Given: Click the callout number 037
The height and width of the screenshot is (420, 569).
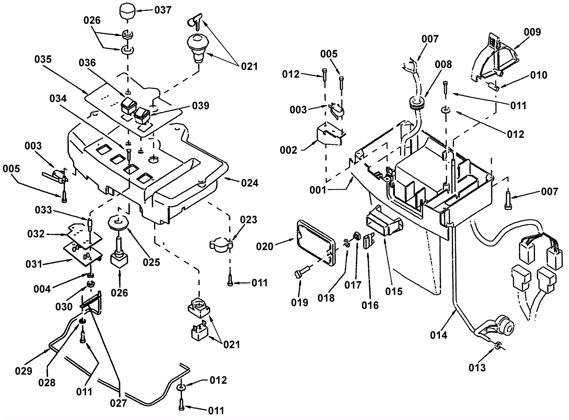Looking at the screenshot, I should pyautogui.click(x=163, y=10).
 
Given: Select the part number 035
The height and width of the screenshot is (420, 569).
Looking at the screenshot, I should pyautogui.click(x=43, y=59).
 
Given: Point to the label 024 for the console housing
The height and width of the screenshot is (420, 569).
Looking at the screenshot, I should pyautogui.click(x=250, y=183).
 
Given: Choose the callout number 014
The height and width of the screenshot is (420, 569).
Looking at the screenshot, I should pyautogui.click(x=438, y=335).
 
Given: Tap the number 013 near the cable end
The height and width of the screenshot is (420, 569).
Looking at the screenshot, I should pyautogui.click(x=477, y=367).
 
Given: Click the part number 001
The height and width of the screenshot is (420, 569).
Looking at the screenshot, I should pyautogui.click(x=318, y=190).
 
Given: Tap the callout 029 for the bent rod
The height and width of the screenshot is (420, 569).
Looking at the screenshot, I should pyautogui.click(x=24, y=371).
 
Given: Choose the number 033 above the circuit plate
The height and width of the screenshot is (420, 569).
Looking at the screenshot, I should pyautogui.click(x=43, y=210).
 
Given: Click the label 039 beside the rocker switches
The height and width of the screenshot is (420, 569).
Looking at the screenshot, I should pyautogui.click(x=201, y=106).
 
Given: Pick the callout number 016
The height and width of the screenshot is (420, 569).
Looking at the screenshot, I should pyautogui.click(x=370, y=305).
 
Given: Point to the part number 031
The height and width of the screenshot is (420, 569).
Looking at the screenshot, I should pyautogui.click(x=34, y=264).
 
